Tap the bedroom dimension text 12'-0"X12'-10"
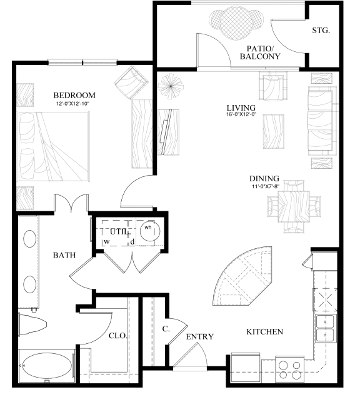74,103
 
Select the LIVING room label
241,107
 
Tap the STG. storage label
321,29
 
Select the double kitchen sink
326,329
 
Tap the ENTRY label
200,337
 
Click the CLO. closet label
117,335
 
